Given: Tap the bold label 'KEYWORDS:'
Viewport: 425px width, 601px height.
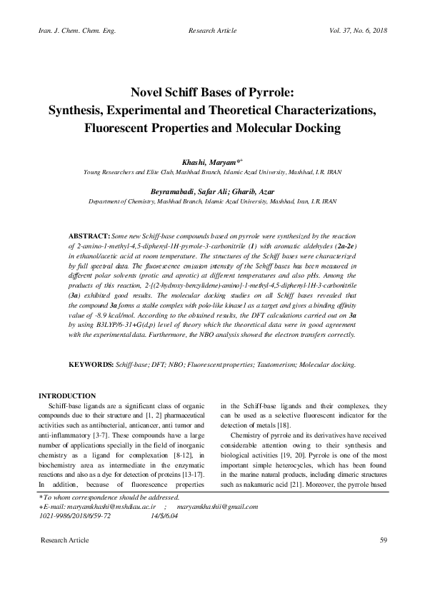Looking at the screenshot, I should click(91, 364).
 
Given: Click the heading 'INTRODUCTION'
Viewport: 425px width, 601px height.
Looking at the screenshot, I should click(67, 396).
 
